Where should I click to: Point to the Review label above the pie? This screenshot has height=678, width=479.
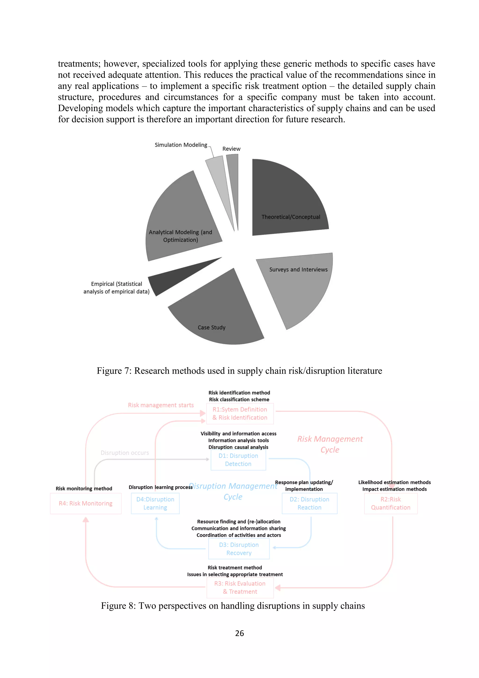click(231, 149)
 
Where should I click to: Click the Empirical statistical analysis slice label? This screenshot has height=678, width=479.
click(116, 288)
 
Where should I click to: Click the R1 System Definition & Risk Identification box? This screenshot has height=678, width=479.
click(240, 413)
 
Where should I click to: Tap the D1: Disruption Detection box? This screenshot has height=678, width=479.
click(238, 460)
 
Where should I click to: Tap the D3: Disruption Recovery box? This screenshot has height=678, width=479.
click(239, 549)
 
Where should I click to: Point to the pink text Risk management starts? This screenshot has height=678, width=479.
click(161, 405)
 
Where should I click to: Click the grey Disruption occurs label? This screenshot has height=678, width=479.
click(125, 453)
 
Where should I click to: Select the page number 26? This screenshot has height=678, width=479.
click(239, 633)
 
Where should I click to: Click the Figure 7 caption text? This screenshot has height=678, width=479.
click(239, 371)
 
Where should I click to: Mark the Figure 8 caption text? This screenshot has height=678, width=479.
click(233, 606)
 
